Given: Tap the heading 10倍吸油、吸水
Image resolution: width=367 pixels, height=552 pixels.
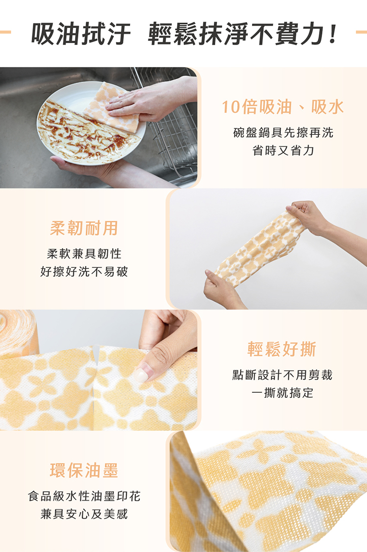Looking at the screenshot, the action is click(283, 107).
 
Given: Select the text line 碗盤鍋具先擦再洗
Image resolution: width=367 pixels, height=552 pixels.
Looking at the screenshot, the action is click(283, 133).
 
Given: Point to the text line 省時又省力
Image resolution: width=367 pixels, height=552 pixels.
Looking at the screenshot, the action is click(283, 151).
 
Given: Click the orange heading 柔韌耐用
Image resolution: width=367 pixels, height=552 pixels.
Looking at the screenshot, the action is click(84, 228).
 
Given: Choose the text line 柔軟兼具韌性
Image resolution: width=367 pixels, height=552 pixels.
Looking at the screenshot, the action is click(84, 254).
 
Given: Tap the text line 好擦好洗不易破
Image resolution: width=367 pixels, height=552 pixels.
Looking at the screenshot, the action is click(84, 271).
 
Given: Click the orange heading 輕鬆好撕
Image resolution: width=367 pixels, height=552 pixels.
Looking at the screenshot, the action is click(282, 349).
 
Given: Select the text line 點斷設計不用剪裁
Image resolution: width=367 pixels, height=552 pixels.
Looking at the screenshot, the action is click(282, 375).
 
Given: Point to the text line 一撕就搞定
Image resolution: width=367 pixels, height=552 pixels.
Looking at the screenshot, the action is click(282, 393).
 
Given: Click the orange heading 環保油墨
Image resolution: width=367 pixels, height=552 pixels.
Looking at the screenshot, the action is click(84, 471).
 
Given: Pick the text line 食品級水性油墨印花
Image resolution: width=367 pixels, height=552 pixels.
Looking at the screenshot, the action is click(84, 496).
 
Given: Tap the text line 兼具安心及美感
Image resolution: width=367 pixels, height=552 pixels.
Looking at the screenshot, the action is click(84, 514).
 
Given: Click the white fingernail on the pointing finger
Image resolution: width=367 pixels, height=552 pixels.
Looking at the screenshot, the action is click(141, 375).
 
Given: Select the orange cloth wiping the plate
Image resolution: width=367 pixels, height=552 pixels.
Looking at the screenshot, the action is click(112, 107).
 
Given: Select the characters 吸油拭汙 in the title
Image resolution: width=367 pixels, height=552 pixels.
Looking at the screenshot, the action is click(81, 34).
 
